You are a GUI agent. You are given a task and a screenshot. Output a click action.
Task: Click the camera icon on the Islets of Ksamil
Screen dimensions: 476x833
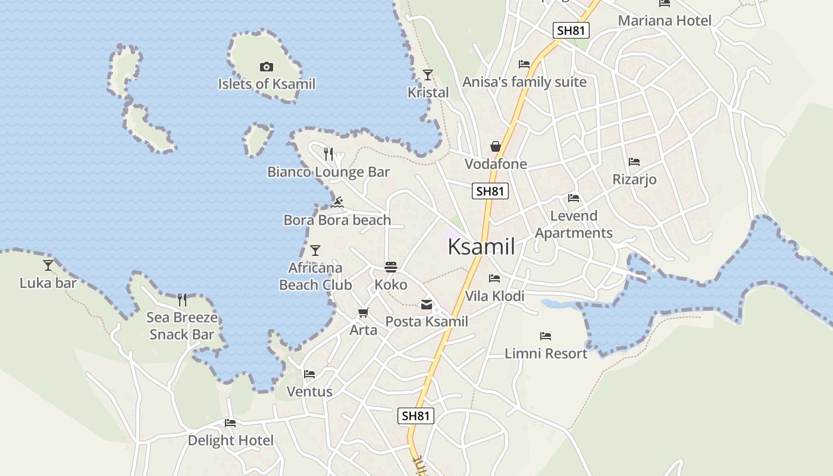(267, 67)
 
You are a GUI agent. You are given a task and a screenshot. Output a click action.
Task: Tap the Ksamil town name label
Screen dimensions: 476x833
(481, 246)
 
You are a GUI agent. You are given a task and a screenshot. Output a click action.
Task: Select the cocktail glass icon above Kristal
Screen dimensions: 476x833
(428, 74)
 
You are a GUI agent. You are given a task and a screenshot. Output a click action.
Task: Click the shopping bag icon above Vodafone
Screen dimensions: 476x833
(495, 146)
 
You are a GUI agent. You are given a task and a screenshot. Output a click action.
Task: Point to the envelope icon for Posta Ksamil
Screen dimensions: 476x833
(427, 305)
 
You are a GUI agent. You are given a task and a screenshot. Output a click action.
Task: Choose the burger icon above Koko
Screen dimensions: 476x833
(391, 267)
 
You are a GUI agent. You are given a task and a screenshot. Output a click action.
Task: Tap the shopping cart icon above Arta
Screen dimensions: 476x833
(363, 312)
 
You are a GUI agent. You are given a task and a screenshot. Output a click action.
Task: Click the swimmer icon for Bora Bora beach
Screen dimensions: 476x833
(338, 202)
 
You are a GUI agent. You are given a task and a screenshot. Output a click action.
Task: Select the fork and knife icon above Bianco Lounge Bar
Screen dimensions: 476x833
(328, 154)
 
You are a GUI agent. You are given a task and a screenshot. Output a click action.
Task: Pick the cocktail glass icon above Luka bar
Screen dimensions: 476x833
(48, 265)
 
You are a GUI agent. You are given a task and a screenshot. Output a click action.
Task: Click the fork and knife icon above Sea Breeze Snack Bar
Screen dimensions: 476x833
(182, 299)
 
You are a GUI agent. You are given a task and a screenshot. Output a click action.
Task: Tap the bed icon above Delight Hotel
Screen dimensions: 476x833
(230, 423)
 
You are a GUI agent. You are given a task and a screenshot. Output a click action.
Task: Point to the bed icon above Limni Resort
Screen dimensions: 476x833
(546, 336)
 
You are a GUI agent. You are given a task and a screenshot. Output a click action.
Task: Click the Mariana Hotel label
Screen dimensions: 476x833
(665, 21)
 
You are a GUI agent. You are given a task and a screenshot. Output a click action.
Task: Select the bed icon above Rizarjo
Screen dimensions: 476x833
(634, 161)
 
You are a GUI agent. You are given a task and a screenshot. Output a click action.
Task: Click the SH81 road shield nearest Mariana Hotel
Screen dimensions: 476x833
(571, 30)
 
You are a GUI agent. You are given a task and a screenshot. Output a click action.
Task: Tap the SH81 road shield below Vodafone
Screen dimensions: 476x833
(491, 191)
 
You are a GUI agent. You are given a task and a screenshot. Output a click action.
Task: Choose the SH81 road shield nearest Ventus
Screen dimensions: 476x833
(416, 416)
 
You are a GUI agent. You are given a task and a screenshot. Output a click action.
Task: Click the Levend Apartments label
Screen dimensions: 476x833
(574, 224)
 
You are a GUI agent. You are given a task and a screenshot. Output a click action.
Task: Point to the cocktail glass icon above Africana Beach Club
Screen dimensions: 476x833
(315, 250)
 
